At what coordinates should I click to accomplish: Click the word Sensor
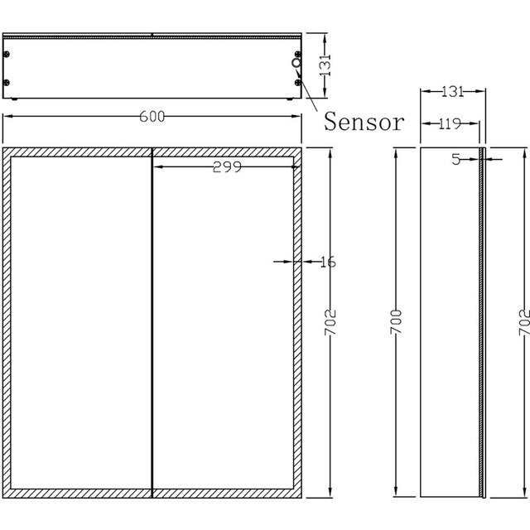tap(364, 123)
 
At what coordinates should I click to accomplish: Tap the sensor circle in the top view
tap(296, 62)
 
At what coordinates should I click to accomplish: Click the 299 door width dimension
tap(226, 166)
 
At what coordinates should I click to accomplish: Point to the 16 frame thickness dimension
tap(327, 262)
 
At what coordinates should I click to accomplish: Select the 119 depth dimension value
tap(449, 124)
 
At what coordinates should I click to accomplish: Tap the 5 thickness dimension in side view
tap(455, 160)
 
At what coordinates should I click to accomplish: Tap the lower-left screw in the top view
tap(7, 82)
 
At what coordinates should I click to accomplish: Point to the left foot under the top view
tap(18, 101)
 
